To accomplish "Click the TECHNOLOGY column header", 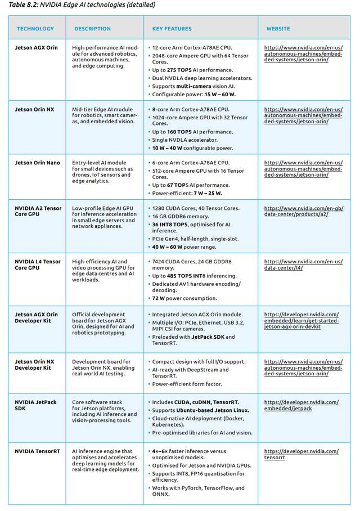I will pos(35,29).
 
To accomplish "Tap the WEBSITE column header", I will pos(278,29).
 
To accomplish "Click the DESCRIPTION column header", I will pos(92,29).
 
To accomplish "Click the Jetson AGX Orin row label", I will pos(36,48).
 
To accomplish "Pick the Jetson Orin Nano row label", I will pos(37,163).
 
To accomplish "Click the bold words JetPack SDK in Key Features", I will pos(209,337).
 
